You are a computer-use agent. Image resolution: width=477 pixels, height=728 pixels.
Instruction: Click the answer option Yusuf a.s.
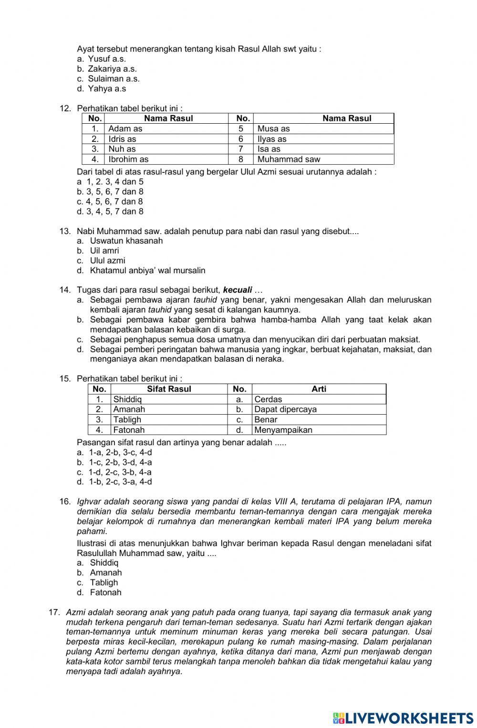tap(107, 59)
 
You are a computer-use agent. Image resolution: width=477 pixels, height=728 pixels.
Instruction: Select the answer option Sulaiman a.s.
tap(114, 79)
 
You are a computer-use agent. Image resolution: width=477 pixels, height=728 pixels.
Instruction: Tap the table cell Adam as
tap(125, 129)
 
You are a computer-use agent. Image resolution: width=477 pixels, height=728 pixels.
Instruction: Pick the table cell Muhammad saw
tap(289, 160)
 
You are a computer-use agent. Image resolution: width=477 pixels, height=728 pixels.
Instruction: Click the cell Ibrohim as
tap(128, 160)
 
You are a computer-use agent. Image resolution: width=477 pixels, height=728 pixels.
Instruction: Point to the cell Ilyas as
tap(272, 139)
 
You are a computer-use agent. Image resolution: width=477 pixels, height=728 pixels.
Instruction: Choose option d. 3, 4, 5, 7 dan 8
tap(110, 212)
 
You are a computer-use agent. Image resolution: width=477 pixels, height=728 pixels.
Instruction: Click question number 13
tap(65, 232)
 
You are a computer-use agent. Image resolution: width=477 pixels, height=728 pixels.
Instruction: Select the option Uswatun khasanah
tap(126, 241)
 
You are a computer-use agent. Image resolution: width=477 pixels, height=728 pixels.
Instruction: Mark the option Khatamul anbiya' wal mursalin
tap(148, 271)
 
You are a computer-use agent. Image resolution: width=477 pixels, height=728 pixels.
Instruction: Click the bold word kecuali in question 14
tap(238, 290)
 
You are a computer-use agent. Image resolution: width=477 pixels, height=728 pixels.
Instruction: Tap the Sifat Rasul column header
tap(169, 389)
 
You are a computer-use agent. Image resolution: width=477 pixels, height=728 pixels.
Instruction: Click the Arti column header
tap(319, 389)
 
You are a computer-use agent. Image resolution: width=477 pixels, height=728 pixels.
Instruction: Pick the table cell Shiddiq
tap(127, 399)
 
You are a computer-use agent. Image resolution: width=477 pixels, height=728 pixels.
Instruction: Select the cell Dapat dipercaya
tap(285, 409)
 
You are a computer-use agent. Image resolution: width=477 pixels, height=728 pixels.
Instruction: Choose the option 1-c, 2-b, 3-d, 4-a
tap(120, 462)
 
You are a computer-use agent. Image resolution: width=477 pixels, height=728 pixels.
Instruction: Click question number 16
tap(65, 502)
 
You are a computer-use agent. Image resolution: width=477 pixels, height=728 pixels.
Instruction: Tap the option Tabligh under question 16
tap(104, 583)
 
